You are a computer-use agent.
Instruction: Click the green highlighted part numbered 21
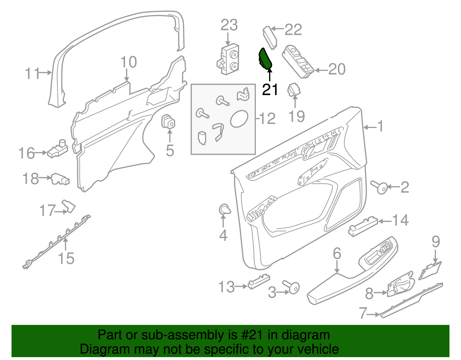click(x=265, y=59)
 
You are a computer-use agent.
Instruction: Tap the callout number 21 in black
click(x=270, y=90)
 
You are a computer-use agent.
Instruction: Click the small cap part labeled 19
click(x=294, y=90)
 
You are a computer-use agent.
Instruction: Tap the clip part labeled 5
click(x=168, y=122)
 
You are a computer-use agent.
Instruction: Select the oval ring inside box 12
click(x=239, y=118)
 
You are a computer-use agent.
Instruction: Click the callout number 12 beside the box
click(x=268, y=118)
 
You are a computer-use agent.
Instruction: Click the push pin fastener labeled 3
click(x=292, y=287)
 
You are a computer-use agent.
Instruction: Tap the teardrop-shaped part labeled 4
click(x=224, y=209)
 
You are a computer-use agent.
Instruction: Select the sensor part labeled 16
click(x=57, y=148)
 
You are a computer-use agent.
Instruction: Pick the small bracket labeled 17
click(x=69, y=206)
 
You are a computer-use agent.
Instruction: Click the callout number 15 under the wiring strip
click(x=66, y=258)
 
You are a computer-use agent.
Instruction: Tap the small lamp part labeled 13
click(x=258, y=281)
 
